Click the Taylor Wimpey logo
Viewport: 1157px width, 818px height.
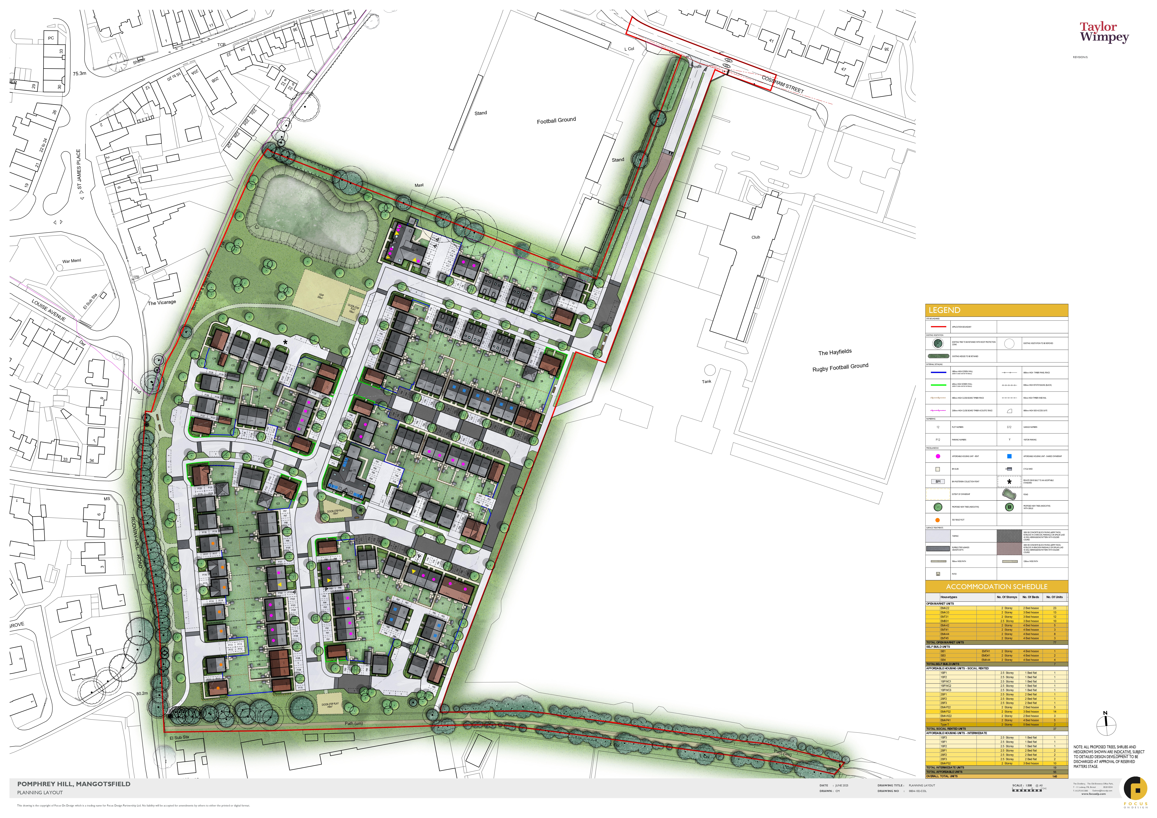pyautogui.click(x=1104, y=33)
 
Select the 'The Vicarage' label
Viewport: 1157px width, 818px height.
pyautogui.click(x=162, y=303)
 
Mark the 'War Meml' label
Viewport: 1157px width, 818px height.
pyautogui.click(x=72, y=261)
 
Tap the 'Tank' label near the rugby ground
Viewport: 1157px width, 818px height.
pyautogui.click(x=706, y=381)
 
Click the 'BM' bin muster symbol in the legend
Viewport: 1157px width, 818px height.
pyautogui.click(x=938, y=482)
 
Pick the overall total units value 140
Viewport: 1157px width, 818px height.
pyautogui.click(x=1055, y=776)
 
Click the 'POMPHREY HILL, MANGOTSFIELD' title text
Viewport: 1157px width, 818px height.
pyautogui.click(x=73, y=784)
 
